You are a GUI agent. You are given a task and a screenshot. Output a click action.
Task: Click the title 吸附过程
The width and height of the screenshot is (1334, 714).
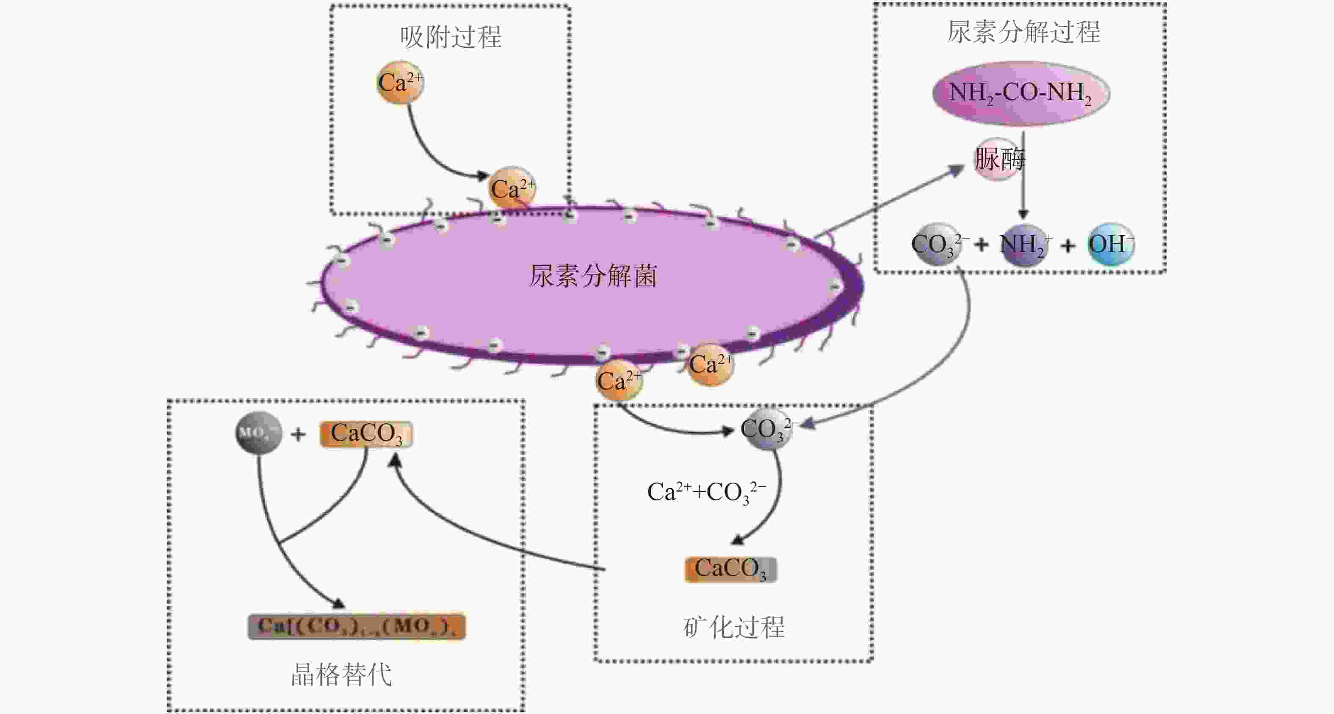451,37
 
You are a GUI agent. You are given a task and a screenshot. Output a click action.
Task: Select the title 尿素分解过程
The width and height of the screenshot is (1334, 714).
1023,32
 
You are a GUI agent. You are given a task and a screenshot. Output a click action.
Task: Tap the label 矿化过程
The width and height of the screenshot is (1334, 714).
734,628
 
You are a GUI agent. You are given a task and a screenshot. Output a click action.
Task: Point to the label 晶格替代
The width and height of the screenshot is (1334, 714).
342,675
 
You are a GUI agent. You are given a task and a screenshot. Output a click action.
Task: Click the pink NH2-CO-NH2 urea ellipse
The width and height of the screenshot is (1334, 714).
1020,93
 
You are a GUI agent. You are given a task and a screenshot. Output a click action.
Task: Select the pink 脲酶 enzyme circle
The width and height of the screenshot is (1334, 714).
997,159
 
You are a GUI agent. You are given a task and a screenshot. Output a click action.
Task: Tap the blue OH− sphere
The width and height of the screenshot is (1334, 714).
1110,244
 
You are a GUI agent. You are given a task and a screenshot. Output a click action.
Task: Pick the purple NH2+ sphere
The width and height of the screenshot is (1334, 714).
1024,244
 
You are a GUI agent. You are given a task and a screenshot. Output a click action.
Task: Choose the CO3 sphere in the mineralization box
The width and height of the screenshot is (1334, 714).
767,429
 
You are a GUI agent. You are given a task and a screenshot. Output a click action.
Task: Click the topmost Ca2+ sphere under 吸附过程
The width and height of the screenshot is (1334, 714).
400,82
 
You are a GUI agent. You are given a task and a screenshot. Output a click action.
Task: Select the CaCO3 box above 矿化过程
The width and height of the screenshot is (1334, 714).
730,570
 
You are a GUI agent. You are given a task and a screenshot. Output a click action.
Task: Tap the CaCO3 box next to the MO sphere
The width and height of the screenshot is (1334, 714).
366,433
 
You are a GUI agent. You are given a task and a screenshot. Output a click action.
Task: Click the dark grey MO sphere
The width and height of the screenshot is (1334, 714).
258,432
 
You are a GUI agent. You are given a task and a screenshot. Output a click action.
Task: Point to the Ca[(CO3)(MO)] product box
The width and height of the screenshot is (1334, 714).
357,626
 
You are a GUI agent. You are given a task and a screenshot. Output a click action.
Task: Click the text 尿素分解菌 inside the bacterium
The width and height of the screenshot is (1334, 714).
593,276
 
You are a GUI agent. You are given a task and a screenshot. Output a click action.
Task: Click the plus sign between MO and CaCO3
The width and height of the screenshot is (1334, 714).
298,434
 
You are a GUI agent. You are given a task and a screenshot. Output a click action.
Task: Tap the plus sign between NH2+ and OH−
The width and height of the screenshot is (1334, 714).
1068,245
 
